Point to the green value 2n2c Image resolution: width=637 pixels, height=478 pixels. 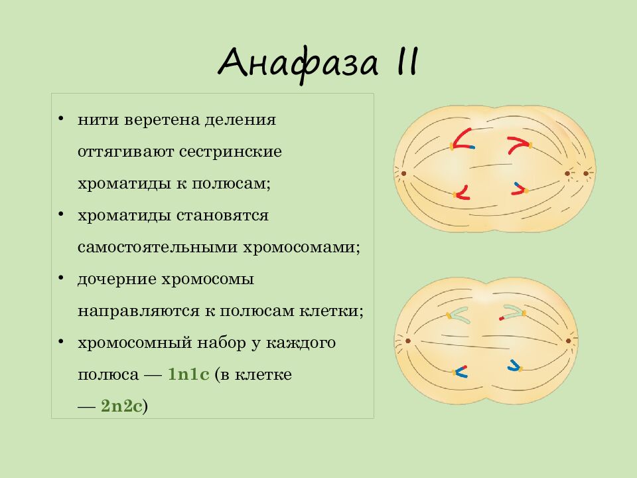point(121,406)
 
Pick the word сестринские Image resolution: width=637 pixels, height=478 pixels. point(230,152)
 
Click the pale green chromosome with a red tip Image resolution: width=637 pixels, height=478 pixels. point(512,312)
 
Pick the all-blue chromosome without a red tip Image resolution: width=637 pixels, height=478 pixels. point(514,365)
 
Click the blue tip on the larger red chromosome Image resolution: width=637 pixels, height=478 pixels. point(471,147)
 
